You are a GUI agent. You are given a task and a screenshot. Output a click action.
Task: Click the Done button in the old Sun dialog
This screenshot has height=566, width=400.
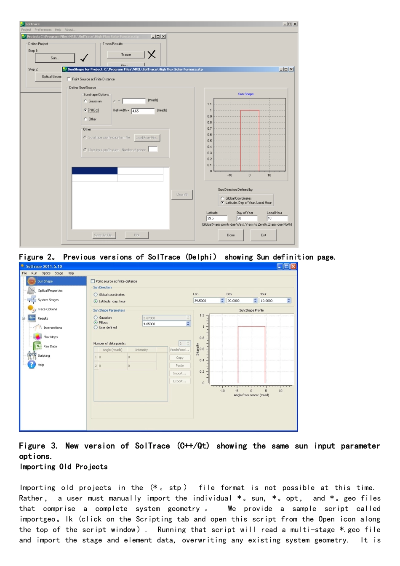pos(231,235)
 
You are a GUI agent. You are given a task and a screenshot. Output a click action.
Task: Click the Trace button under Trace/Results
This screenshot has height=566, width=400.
pos(125,54)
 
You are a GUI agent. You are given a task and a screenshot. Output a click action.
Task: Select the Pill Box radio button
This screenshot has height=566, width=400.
pos(85,110)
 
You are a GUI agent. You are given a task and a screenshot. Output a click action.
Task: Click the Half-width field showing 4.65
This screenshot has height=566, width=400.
pos(143,111)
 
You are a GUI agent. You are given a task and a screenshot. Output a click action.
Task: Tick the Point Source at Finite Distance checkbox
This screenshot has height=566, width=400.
pos(69,79)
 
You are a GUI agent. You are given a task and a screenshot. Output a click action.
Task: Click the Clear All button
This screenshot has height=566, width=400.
pos(182,195)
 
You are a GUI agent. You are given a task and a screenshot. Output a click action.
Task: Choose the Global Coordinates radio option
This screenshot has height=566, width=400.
pos(222,198)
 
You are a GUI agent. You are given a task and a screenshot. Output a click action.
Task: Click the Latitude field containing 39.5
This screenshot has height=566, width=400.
pos(216,218)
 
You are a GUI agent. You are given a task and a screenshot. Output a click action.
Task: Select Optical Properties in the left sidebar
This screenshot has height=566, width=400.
pos(50,291)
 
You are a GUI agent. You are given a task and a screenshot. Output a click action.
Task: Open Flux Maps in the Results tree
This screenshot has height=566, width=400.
pos(51,337)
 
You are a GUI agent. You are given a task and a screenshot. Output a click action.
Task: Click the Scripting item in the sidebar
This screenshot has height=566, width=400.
pos(43,355)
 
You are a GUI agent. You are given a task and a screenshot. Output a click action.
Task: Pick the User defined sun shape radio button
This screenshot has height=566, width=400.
pos(96,327)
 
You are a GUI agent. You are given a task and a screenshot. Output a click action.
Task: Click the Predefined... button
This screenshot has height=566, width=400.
pos(180,350)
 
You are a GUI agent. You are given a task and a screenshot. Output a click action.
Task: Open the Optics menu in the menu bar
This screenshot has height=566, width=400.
pos(46,273)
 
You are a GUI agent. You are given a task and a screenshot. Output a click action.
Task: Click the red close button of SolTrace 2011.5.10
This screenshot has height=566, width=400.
pos(293,266)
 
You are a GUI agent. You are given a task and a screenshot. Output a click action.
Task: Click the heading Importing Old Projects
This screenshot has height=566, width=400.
pos(64,467)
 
